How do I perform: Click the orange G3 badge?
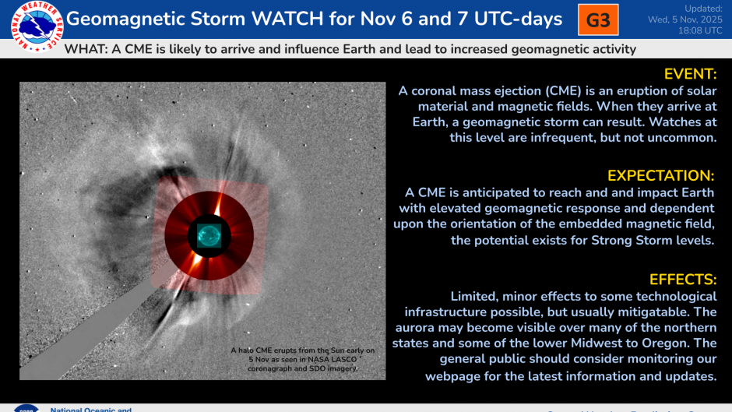[598, 20]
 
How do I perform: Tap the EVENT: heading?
[689, 74]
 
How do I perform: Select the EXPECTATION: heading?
[661, 175]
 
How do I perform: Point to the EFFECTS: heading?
[682, 280]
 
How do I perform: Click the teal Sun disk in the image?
[209, 234]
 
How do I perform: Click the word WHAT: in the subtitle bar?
[86, 49]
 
